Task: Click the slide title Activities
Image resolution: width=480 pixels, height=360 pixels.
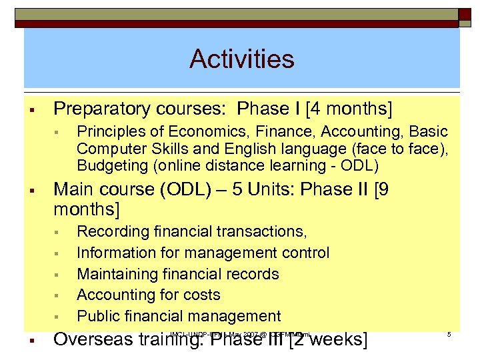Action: pyautogui.click(x=241, y=59)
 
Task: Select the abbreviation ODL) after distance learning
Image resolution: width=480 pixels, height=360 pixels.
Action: pyautogui.click(x=361, y=165)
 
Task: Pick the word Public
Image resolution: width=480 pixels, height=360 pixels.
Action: pyautogui.click(x=97, y=316)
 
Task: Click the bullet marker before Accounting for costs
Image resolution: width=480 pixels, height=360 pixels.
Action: pyautogui.click(x=57, y=295)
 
